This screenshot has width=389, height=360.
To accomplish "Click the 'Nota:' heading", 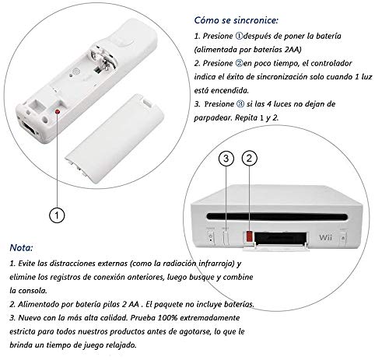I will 23,250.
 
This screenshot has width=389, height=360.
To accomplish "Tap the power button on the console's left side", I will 210,232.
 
